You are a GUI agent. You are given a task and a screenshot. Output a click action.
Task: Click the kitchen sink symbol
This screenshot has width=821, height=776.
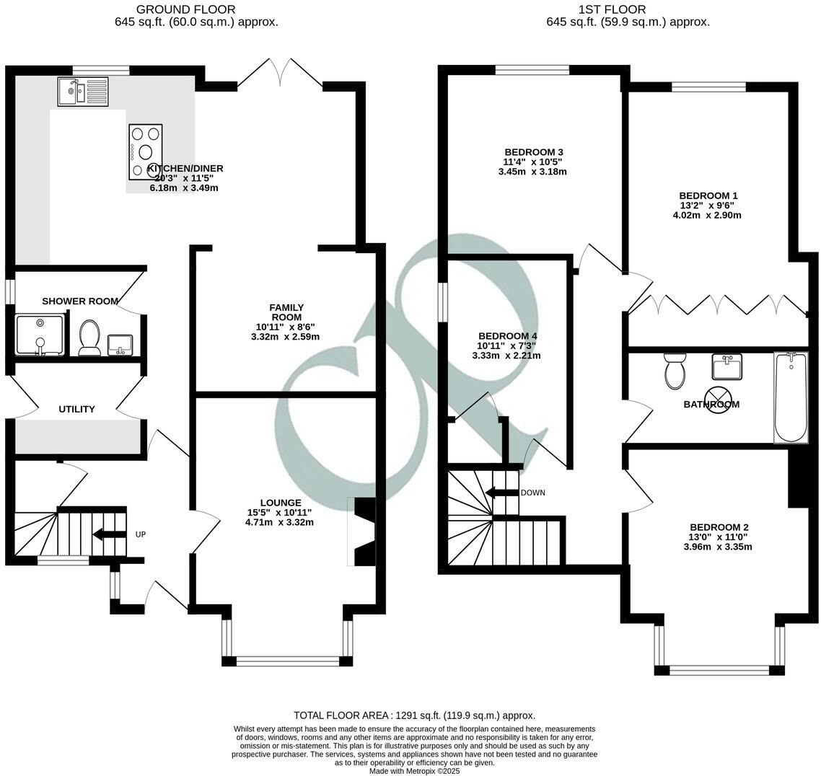coord(82,91)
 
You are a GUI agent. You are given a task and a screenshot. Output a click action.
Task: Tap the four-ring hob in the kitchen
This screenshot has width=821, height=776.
coord(146,151)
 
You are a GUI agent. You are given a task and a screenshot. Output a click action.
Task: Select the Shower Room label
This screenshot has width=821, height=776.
coord(80,301)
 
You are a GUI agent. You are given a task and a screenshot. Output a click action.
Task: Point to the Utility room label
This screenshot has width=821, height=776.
coord(76,409)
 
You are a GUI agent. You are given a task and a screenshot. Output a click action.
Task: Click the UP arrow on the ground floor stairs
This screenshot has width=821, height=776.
coord(107,534)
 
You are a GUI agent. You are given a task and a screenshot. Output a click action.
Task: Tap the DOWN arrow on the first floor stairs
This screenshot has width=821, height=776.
coord(502,493)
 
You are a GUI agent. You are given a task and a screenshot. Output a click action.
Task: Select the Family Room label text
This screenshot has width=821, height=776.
coord(287,312)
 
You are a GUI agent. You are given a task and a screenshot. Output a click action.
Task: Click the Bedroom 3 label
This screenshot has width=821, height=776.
coord(533,151)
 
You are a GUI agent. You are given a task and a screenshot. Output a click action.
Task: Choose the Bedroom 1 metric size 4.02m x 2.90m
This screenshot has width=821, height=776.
coord(708,215)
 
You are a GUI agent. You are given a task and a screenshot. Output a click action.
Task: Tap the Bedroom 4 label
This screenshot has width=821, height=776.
coord(507,336)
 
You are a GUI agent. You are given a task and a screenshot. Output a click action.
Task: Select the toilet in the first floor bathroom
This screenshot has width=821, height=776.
coord(675,370)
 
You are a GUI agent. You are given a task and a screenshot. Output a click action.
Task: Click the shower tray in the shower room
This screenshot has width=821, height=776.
coord(41,335)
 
